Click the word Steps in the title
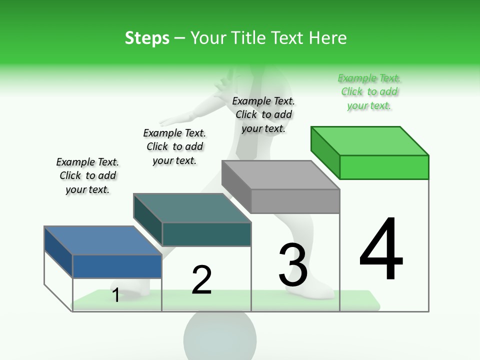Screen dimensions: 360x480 [147, 38]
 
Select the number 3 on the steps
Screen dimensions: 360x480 [293, 265]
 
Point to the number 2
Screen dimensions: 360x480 [201, 279]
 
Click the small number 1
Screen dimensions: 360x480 [116, 295]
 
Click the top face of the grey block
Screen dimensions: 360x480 [280, 175]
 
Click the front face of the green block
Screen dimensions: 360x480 [384, 167]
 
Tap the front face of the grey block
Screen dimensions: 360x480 [295, 201]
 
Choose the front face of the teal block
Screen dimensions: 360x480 [206, 234]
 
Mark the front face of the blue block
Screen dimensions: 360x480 [117, 266]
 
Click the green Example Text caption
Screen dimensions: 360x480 [369, 92]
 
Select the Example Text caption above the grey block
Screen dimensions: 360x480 [263, 115]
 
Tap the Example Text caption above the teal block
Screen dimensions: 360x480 [174, 146]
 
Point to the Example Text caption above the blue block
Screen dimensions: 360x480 [87, 175]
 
